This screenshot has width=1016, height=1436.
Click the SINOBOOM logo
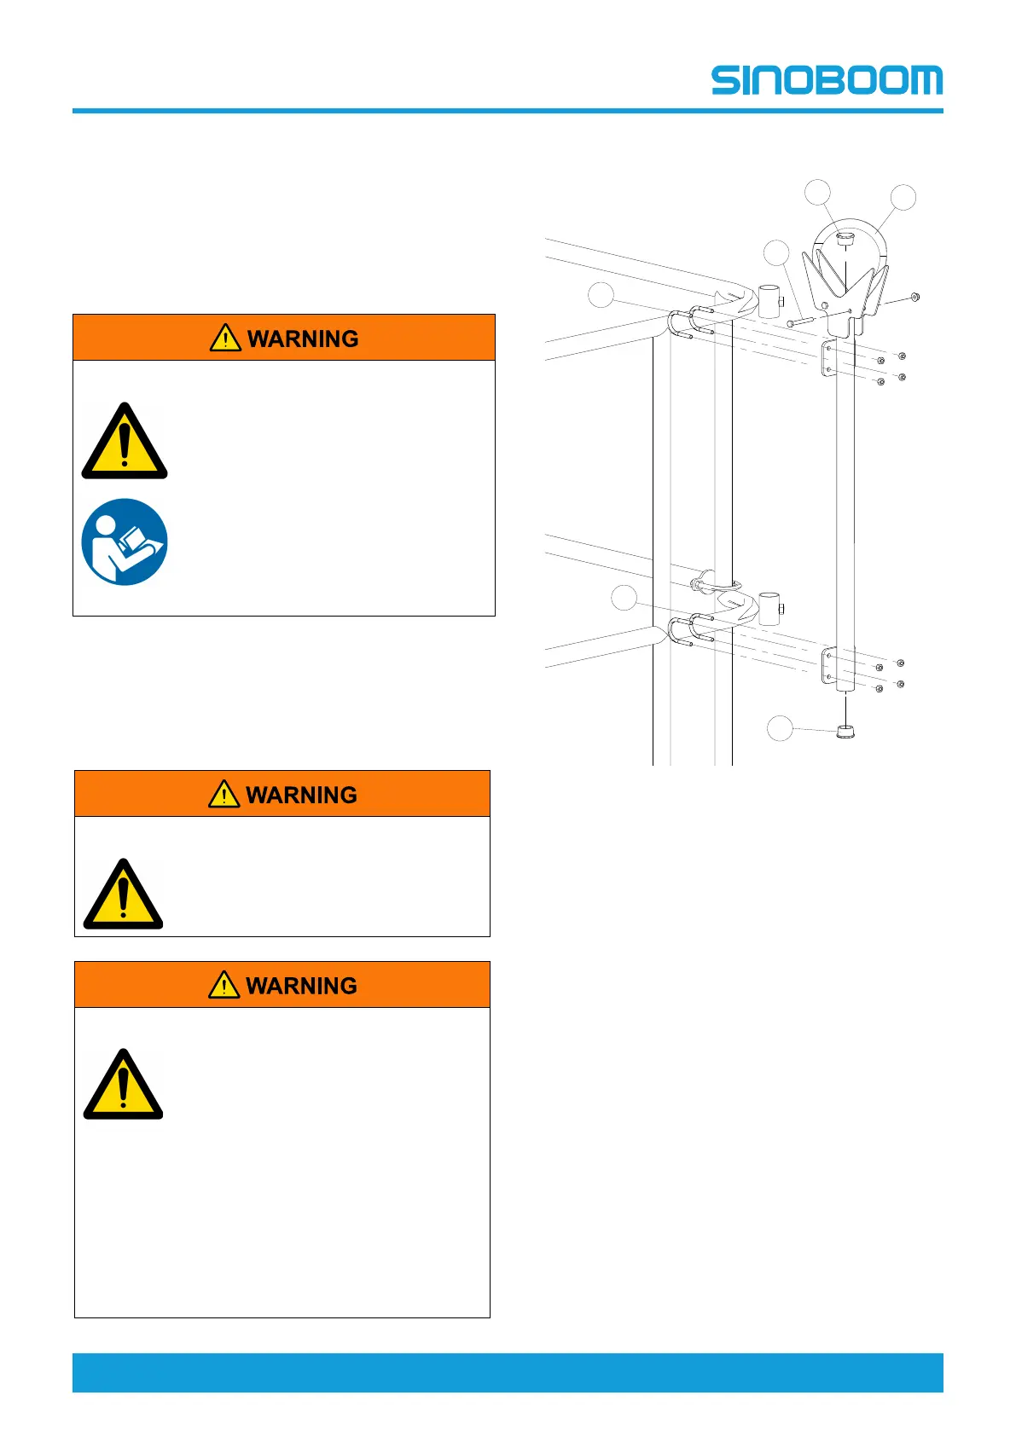click(827, 80)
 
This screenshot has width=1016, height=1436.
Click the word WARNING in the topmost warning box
click(303, 339)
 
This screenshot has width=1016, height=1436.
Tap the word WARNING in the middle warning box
click(301, 795)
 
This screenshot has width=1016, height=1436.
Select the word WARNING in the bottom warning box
click(301, 986)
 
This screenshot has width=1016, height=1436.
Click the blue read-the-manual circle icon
click(125, 542)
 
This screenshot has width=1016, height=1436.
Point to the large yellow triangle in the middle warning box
click(123, 896)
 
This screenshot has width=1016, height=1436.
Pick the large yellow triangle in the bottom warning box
click(123, 1086)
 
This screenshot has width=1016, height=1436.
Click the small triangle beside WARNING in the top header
click(224, 338)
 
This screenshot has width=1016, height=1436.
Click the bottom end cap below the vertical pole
click(845, 731)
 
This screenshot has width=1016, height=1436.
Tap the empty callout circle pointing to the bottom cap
click(780, 728)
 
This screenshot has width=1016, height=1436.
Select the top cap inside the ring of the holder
click(845, 240)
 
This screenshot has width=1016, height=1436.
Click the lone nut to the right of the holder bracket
click(914, 297)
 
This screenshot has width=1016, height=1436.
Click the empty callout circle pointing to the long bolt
click(776, 252)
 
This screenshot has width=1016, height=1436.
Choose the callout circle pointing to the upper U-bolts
click(601, 295)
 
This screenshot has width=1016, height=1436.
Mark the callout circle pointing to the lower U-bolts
click(624, 598)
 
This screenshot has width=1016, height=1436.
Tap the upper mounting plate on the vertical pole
click(827, 358)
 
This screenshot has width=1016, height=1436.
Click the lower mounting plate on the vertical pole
click(827, 665)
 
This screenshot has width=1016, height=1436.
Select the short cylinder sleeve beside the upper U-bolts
click(770, 301)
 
